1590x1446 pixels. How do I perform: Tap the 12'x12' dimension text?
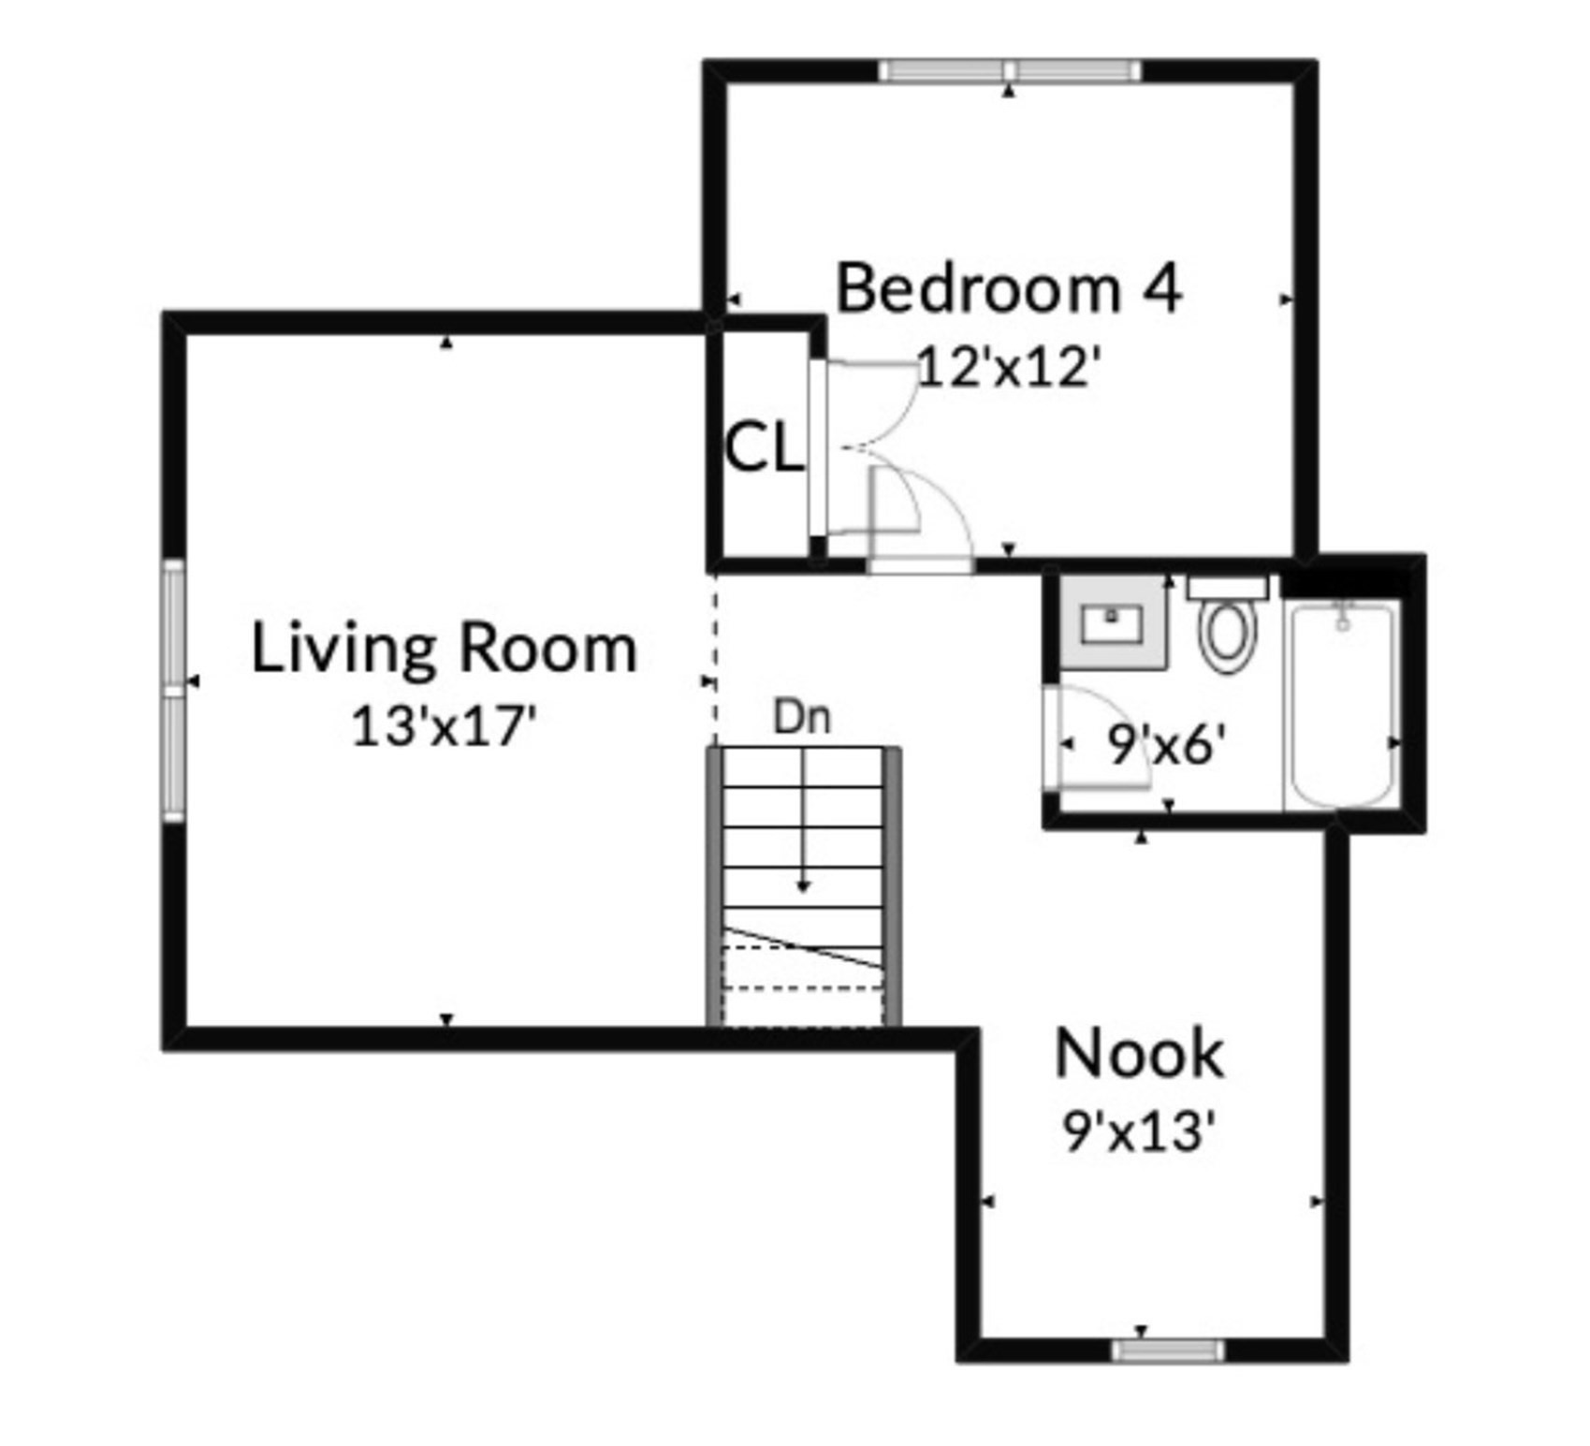click(x=1005, y=367)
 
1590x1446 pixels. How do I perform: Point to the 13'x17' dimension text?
click(x=445, y=725)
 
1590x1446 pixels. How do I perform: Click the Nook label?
click(x=1139, y=1054)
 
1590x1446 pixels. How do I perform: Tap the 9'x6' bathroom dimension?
click(x=1166, y=746)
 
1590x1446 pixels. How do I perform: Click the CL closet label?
click(x=764, y=448)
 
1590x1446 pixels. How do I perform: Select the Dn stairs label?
click(x=802, y=718)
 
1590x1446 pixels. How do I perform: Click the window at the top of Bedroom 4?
click(x=1010, y=71)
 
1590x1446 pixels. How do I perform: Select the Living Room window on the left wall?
click(x=174, y=690)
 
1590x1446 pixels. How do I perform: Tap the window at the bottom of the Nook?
click(x=1167, y=1349)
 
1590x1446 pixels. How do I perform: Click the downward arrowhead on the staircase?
click(x=803, y=885)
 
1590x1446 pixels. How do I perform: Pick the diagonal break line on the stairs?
click(x=803, y=947)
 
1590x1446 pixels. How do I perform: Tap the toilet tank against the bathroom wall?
click(x=1227, y=588)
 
